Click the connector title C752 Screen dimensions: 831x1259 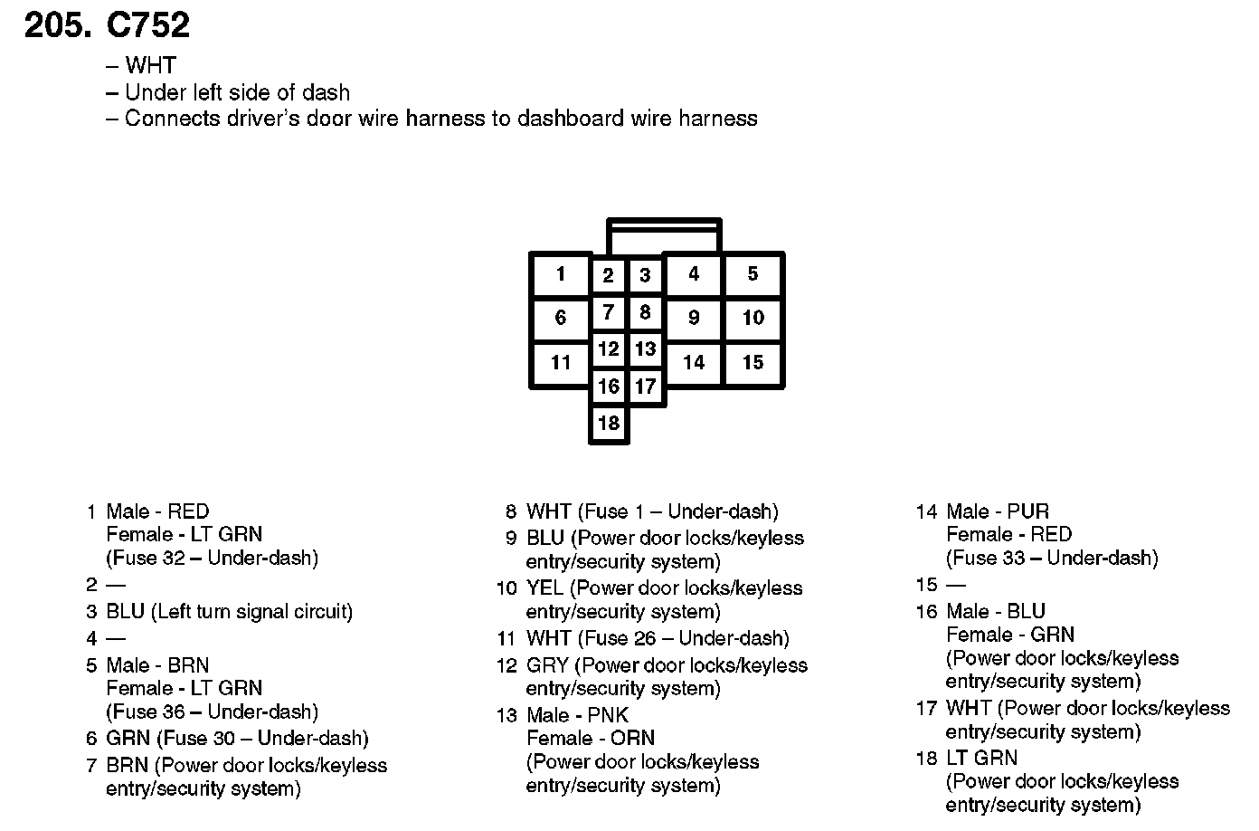[x=148, y=24]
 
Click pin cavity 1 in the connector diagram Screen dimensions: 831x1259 [x=561, y=274]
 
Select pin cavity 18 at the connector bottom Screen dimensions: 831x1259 [x=609, y=423]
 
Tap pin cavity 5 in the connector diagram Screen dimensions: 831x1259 [x=753, y=274]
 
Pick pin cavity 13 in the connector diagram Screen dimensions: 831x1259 [x=645, y=349]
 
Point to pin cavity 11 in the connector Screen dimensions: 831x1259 [x=561, y=362]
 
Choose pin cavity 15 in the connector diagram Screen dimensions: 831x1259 [x=753, y=362]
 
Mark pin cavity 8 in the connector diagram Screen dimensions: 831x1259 [x=645, y=312]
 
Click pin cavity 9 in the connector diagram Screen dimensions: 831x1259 [x=694, y=318]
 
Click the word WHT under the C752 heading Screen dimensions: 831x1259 [x=150, y=65]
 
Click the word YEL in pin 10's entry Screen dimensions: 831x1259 [x=544, y=588]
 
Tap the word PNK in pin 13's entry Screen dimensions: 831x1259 [x=608, y=715]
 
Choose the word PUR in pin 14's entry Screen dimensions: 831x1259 [x=1028, y=511]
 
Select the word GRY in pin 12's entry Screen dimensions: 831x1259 [x=547, y=665]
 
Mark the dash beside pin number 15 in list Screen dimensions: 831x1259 [x=956, y=585]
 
